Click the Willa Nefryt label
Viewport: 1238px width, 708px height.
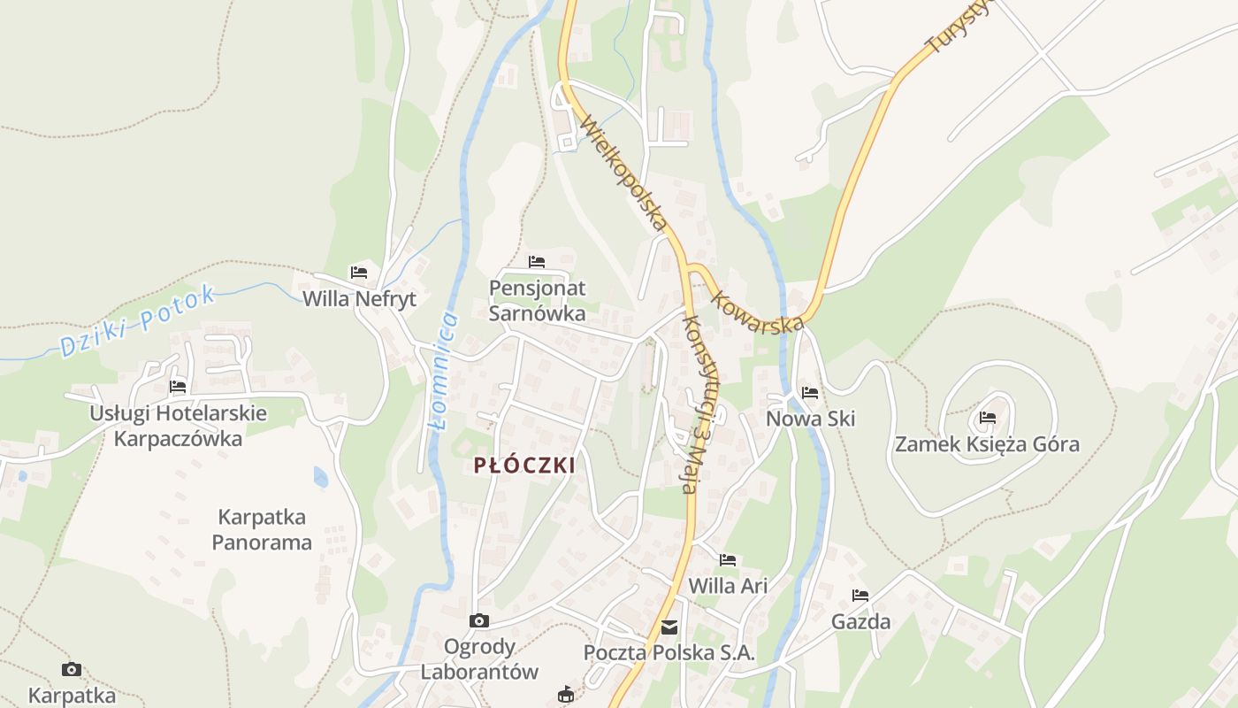point(359,299)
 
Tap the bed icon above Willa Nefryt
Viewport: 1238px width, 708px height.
point(359,273)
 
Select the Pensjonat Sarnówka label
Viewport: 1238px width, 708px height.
point(537,301)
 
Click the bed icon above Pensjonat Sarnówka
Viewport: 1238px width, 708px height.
point(537,262)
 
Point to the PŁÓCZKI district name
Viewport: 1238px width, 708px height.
point(524,466)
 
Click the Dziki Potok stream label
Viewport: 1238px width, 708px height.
point(137,320)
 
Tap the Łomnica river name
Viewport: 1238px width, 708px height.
point(443,370)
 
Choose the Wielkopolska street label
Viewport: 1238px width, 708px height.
point(623,175)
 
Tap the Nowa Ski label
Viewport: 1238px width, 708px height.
point(811,419)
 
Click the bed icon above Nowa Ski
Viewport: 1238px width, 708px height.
point(810,393)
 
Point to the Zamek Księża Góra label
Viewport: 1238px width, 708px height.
point(987,444)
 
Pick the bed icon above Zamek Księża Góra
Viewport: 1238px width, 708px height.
point(988,418)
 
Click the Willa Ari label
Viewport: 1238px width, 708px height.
point(728,586)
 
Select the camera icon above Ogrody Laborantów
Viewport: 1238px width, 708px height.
point(479,621)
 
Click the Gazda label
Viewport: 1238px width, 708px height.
point(860,622)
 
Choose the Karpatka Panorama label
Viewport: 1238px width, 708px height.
point(262,529)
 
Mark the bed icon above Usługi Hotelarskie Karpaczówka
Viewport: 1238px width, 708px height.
point(178,387)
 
